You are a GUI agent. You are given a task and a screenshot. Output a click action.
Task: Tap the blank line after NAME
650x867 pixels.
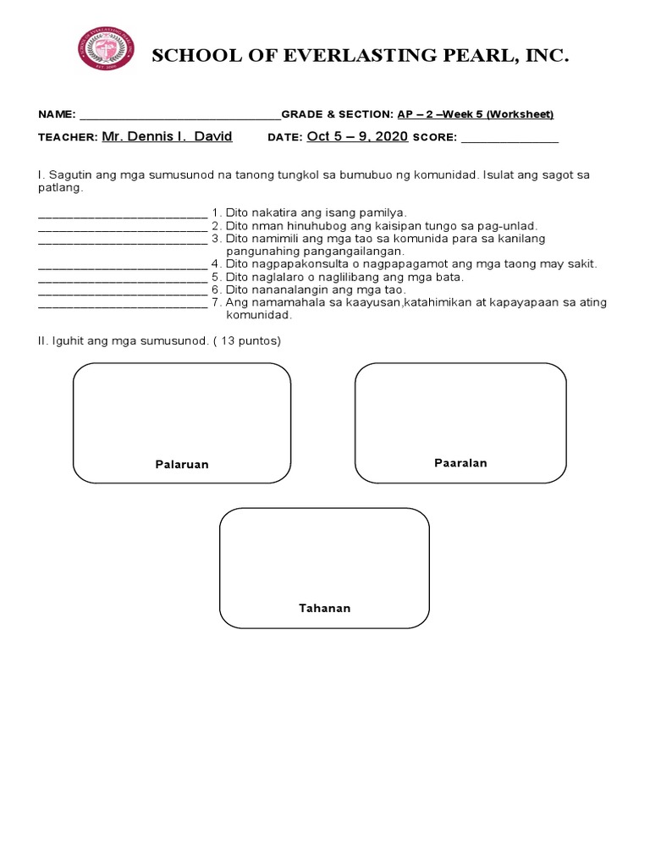point(179,116)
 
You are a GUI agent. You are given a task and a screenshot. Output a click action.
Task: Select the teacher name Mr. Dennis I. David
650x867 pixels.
point(166,136)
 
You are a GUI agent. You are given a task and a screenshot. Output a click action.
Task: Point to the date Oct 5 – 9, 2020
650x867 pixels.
point(357,136)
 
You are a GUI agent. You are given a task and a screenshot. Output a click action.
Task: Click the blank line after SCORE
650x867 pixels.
point(509,138)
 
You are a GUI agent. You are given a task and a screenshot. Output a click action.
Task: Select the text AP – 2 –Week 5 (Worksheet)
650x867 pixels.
point(476,115)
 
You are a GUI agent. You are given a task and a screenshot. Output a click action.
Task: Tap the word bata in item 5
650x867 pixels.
point(450,277)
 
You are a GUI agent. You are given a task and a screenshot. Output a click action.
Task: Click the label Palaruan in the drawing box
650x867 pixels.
point(181,465)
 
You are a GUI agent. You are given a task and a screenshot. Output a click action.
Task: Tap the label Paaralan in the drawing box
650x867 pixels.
point(460,463)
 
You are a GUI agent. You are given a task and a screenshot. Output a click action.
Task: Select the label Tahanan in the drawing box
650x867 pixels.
point(324,609)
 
